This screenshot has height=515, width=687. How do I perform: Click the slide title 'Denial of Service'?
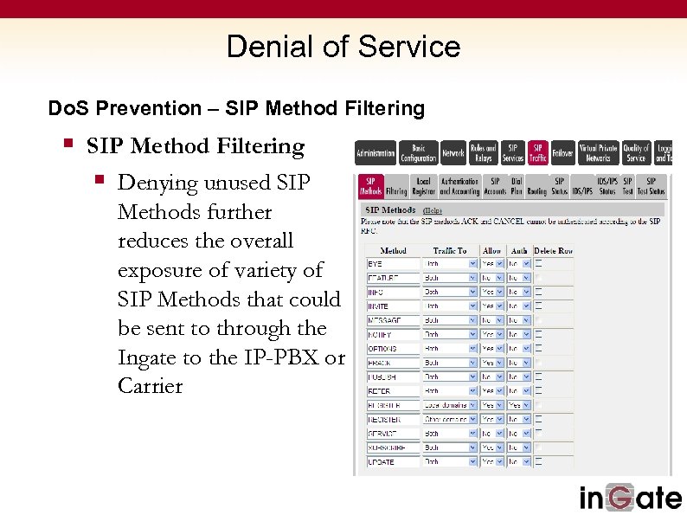pyautogui.click(x=343, y=46)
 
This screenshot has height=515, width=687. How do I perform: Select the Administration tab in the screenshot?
pyautogui.click(x=376, y=153)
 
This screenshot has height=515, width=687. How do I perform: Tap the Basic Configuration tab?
pyautogui.click(x=418, y=153)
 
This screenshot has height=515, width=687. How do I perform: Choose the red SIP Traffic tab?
pyautogui.click(x=538, y=153)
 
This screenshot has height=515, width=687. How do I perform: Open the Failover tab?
pyautogui.click(x=562, y=153)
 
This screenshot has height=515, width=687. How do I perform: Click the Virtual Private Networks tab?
pyautogui.click(x=598, y=153)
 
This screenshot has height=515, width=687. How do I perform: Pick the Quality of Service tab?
pyautogui.click(x=636, y=153)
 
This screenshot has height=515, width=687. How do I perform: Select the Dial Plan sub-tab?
pyautogui.click(x=517, y=186)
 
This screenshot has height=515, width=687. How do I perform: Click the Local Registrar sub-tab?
pyautogui.click(x=423, y=186)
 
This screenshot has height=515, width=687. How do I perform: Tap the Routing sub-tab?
pyautogui.click(x=537, y=186)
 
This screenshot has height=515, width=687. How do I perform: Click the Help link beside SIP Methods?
pyautogui.click(x=432, y=210)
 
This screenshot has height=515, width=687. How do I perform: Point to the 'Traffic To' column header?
pyautogui.click(x=449, y=250)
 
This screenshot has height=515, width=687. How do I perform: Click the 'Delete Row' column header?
pyautogui.click(x=553, y=250)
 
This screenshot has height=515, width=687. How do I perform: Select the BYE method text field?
pyautogui.click(x=392, y=263)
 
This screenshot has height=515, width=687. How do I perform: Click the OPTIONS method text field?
pyautogui.click(x=392, y=349)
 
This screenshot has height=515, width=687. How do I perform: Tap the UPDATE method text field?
pyautogui.click(x=392, y=461)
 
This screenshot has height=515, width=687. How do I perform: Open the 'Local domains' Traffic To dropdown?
pyautogui.click(x=449, y=405)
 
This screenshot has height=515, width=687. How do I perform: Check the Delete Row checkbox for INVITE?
pyautogui.click(x=539, y=306)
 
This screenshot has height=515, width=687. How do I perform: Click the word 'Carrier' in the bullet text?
pyautogui.click(x=150, y=386)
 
